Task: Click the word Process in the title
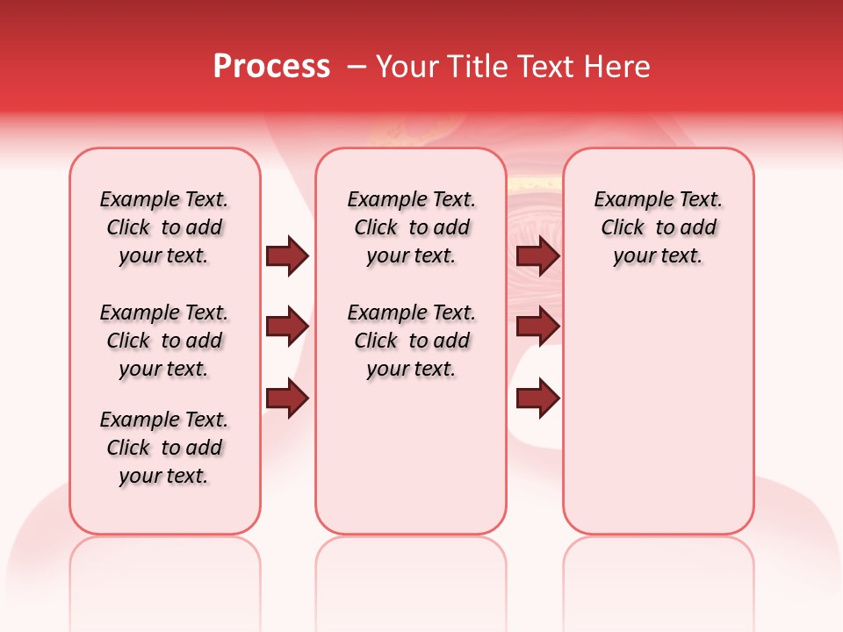271,67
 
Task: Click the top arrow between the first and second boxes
287,256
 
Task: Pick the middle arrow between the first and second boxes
287,327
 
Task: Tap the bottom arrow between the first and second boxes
287,399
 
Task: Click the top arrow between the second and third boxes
537,256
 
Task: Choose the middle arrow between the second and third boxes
537,327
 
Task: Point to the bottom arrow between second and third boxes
537,399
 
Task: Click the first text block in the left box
164,227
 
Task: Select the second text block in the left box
164,341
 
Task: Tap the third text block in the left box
164,448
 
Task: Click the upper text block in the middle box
411,227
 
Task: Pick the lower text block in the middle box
411,341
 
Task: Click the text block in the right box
658,227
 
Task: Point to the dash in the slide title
357,67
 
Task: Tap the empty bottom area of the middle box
411,465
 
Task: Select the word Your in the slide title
405,67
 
